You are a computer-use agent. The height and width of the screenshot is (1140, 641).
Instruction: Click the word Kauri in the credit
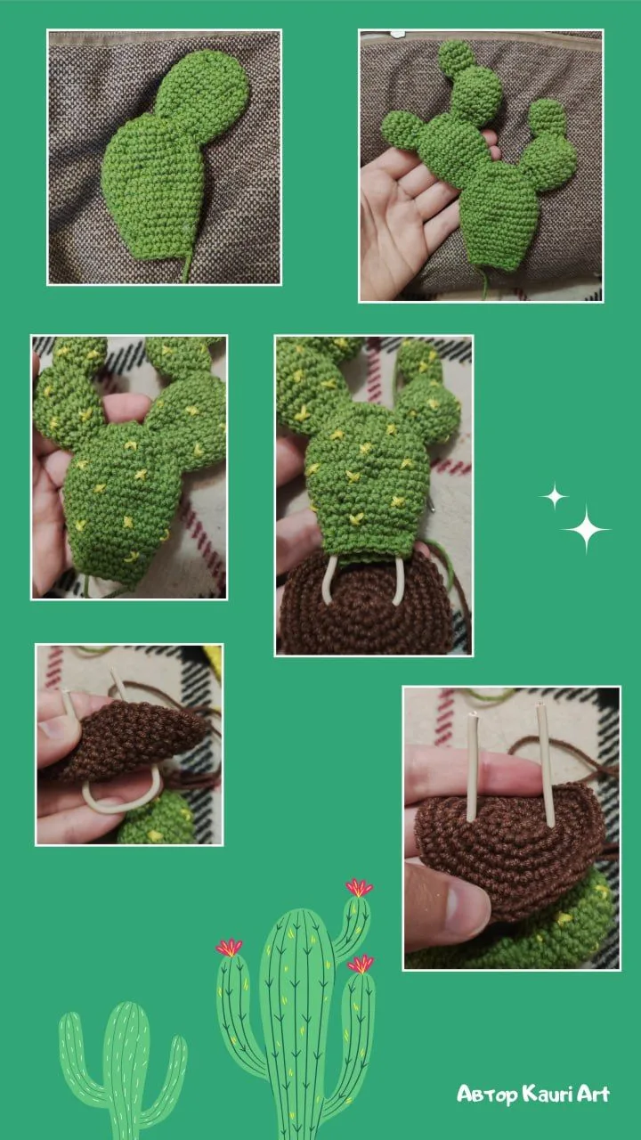pos(549,1093)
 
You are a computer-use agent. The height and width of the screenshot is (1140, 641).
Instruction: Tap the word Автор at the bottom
pos(487,1095)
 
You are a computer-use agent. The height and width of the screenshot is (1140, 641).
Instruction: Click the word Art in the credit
pos(594,1093)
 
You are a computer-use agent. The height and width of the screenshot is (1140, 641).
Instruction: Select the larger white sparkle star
pos(586,529)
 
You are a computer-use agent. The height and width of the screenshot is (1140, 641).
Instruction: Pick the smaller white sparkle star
pos(554,496)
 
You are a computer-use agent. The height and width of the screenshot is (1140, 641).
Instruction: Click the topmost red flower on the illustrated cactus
pos(359,888)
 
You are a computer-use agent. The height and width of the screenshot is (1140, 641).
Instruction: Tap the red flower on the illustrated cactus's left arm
pos(229,947)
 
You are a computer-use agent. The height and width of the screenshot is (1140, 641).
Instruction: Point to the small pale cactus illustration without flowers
pos(123,1069)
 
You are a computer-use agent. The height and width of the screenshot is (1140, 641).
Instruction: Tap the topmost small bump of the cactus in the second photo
pos(457,59)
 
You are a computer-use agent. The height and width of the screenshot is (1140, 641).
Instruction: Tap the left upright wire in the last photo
pos(473,766)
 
